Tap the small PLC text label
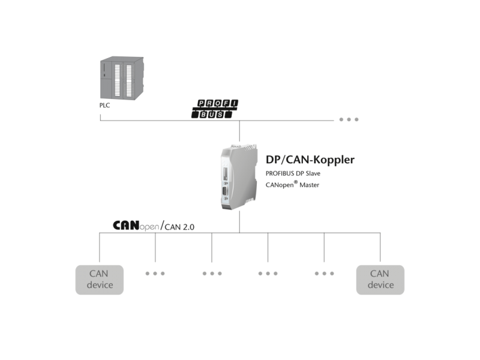click(105, 105)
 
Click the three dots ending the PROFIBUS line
click(349, 119)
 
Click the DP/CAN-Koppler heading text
click(310, 160)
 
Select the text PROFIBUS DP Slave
click(293, 173)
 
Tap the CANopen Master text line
click(292, 185)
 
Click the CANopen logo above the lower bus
click(136, 226)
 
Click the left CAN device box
click(100, 280)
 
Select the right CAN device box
click(380, 280)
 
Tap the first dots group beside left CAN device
click(155, 274)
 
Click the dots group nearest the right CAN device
click(324, 274)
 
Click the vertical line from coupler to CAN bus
click(239, 222)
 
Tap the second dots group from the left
click(212, 274)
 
